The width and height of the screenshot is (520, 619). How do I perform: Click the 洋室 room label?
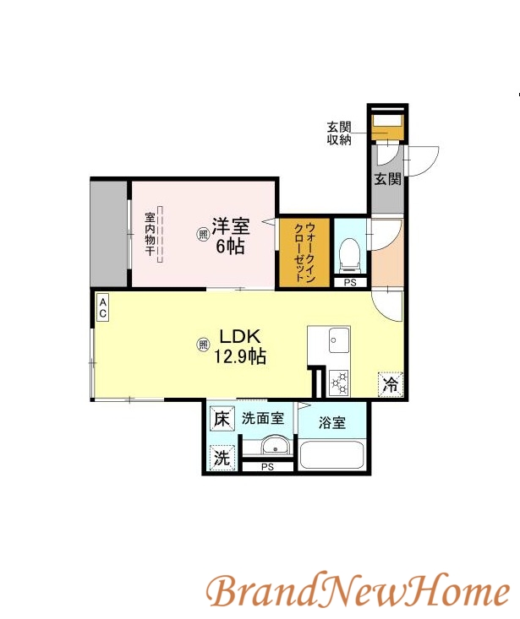point(230,226)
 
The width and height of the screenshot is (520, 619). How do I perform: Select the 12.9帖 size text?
point(240,357)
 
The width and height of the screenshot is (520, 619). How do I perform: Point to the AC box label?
point(102,307)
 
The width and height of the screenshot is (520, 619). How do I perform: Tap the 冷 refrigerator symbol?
point(390,384)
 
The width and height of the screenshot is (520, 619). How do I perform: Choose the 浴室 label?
point(332,423)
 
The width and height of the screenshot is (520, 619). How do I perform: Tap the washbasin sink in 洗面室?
point(271,448)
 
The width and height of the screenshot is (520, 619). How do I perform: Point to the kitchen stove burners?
point(339,383)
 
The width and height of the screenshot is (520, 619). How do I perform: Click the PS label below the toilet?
point(350,283)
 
